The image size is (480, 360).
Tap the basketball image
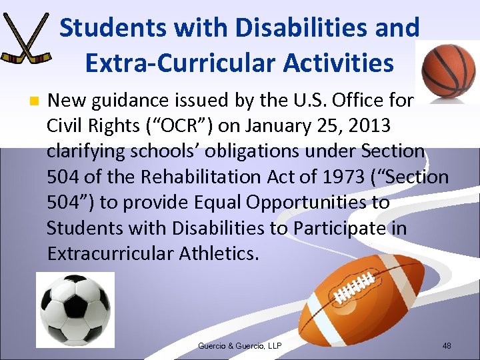coord(449,71)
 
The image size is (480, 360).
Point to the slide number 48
coord(446,345)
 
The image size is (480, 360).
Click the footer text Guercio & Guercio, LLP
coord(239,345)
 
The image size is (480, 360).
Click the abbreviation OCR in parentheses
coord(213,126)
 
